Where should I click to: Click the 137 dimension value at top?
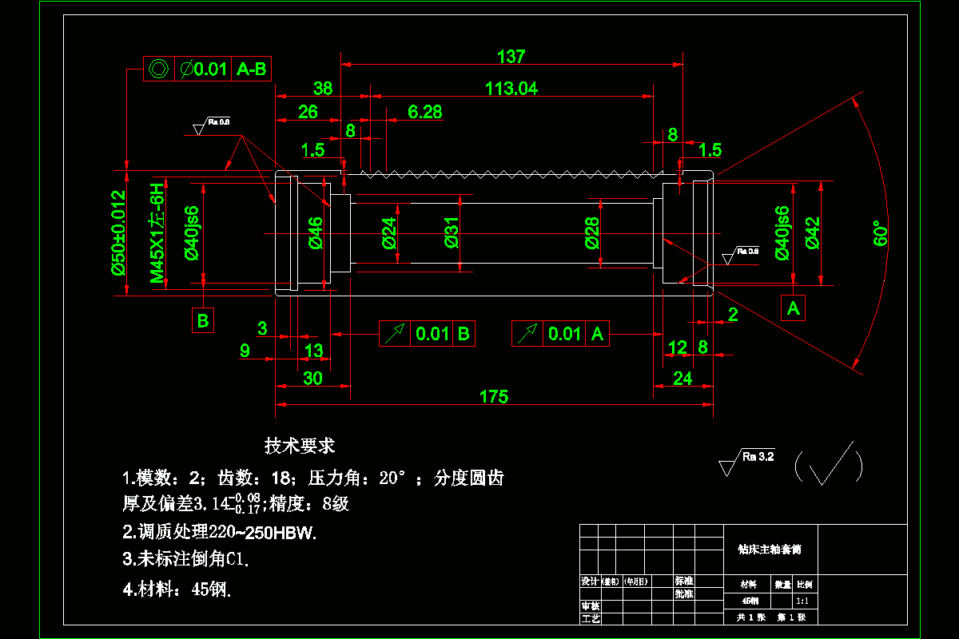[x=511, y=57]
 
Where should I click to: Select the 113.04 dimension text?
[x=511, y=89]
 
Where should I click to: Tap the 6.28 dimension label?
[x=424, y=112]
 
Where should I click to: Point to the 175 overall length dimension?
[x=493, y=396]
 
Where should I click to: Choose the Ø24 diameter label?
[x=389, y=232]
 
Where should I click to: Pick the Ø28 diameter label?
[x=592, y=232]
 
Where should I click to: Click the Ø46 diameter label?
[x=315, y=232]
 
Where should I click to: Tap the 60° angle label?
[x=880, y=232]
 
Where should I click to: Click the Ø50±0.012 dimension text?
[x=118, y=232]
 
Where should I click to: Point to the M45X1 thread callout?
[x=157, y=232]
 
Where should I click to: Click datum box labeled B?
[x=203, y=320]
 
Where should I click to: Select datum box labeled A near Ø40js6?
[x=793, y=308]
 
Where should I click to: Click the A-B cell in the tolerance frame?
[x=252, y=69]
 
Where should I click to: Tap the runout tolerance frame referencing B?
[x=427, y=334]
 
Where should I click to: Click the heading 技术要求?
[x=300, y=446]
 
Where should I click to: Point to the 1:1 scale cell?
[x=803, y=601]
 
